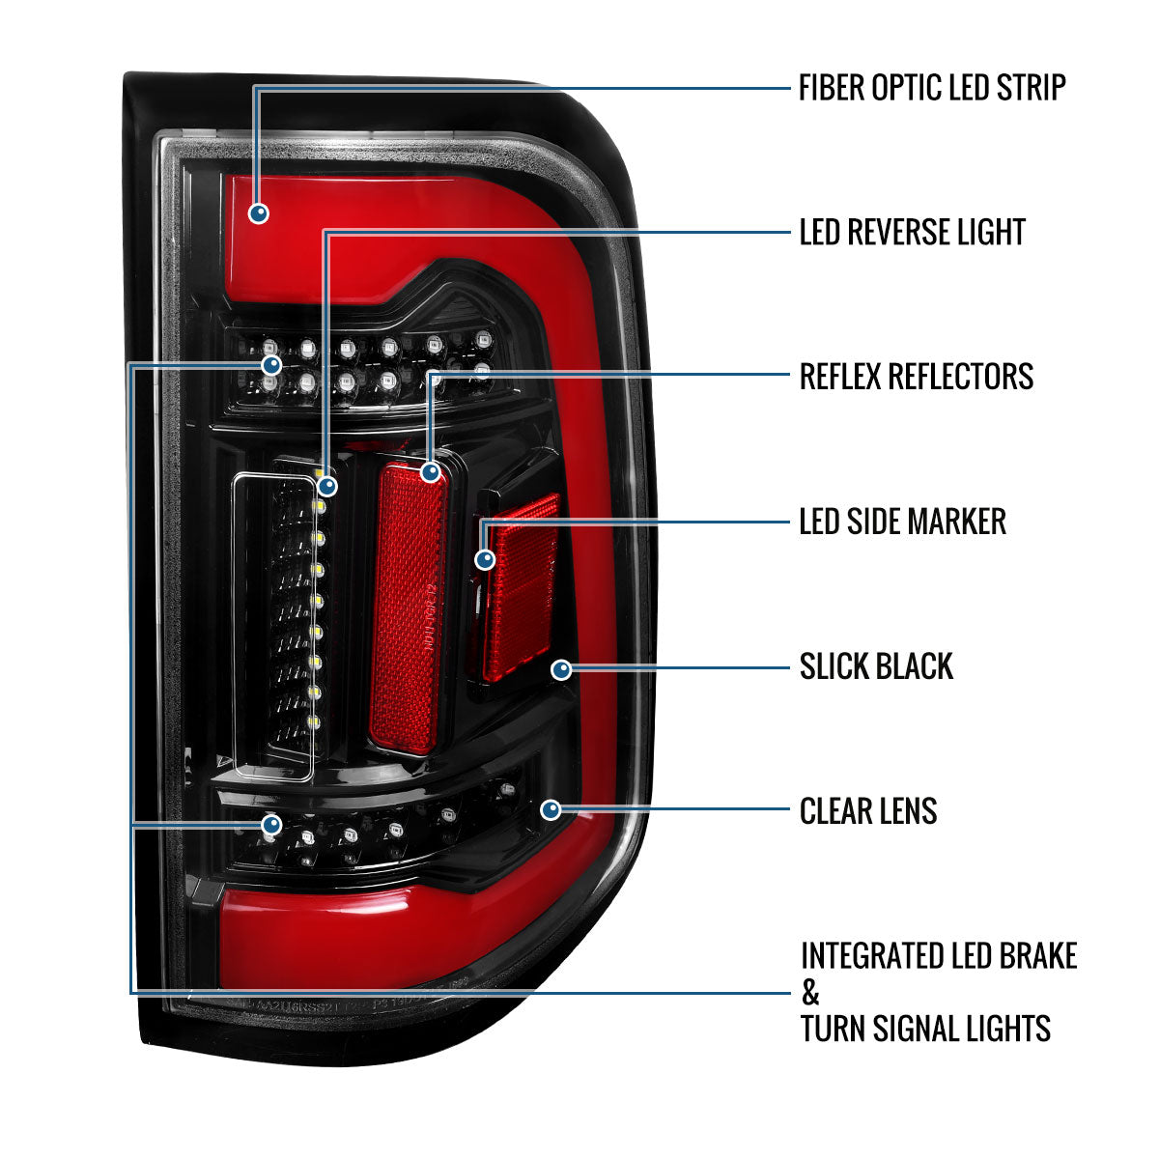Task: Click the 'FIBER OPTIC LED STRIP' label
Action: pyautogui.click(x=932, y=88)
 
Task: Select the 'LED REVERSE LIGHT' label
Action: pyautogui.click(x=912, y=233)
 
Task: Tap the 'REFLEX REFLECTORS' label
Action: pyautogui.click(x=916, y=377)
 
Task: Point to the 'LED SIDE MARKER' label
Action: pyautogui.click(x=902, y=523)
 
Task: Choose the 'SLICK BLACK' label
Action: pyautogui.click(x=876, y=666)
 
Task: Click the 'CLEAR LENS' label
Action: pyautogui.click(x=868, y=811)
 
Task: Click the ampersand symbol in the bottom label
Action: pyautogui.click(x=810, y=992)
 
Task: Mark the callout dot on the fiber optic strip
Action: pyautogui.click(x=258, y=212)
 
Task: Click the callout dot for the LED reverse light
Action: pyautogui.click(x=328, y=485)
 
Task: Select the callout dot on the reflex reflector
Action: pyautogui.click(x=430, y=472)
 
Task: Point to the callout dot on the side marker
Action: pyautogui.click(x=485, y=558)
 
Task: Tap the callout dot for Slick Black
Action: pyautogui.click(x=561, y=669)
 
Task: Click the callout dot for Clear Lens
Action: pyautogui.click(x=551, y=809)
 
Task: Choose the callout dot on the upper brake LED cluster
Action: pyautogui.click(x=271, y=364)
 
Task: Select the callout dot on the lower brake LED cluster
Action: pyautogui.click(x=271, y=824)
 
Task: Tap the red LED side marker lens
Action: pyautogui.click(x=523, y=589)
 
